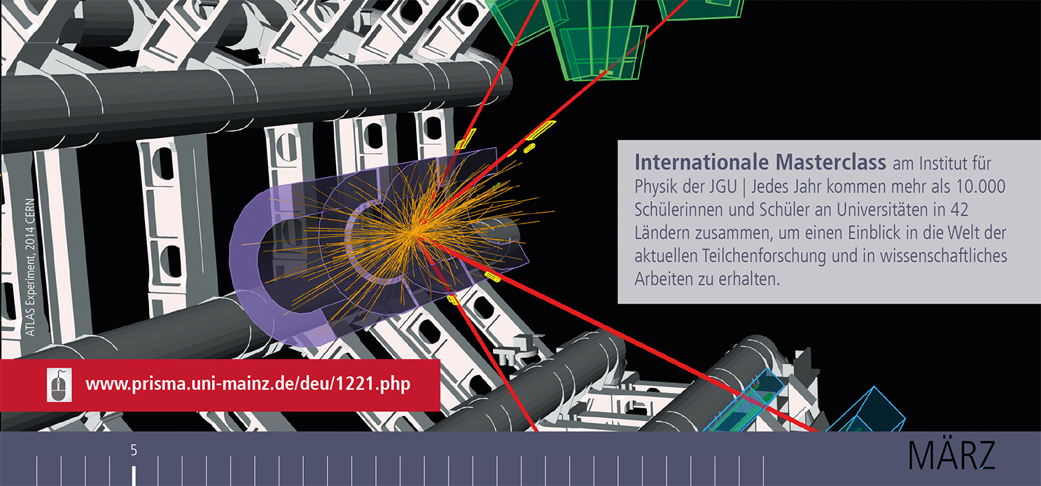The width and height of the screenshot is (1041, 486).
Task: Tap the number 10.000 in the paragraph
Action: (984, 187)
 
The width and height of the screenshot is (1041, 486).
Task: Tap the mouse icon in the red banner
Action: (60, 384)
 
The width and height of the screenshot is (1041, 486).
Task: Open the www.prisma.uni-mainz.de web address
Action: (247, 384)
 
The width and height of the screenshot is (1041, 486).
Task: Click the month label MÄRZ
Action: (951, 456)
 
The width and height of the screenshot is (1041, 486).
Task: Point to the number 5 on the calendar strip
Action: (134, 451)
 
